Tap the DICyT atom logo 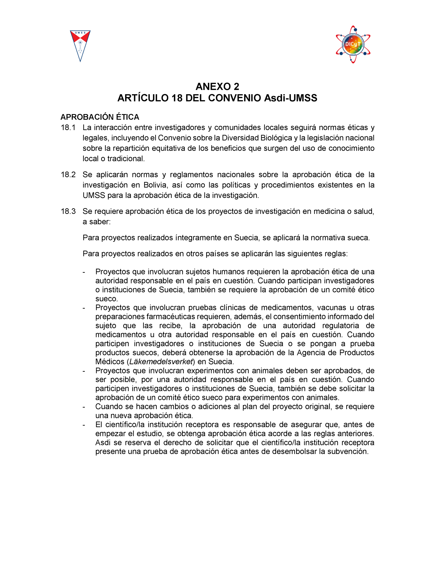(x=353, y=44)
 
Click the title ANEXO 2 (x=217, y=87)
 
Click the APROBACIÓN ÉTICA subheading (x=100, y=117)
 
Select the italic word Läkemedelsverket (x=161, y=362)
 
